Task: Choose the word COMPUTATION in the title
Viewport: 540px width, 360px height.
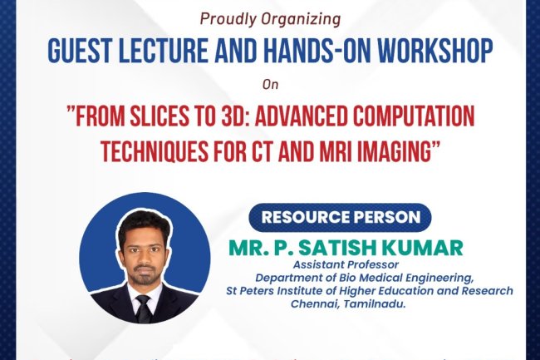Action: point(415,117)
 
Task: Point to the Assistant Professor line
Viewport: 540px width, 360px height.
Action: point(333,266)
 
